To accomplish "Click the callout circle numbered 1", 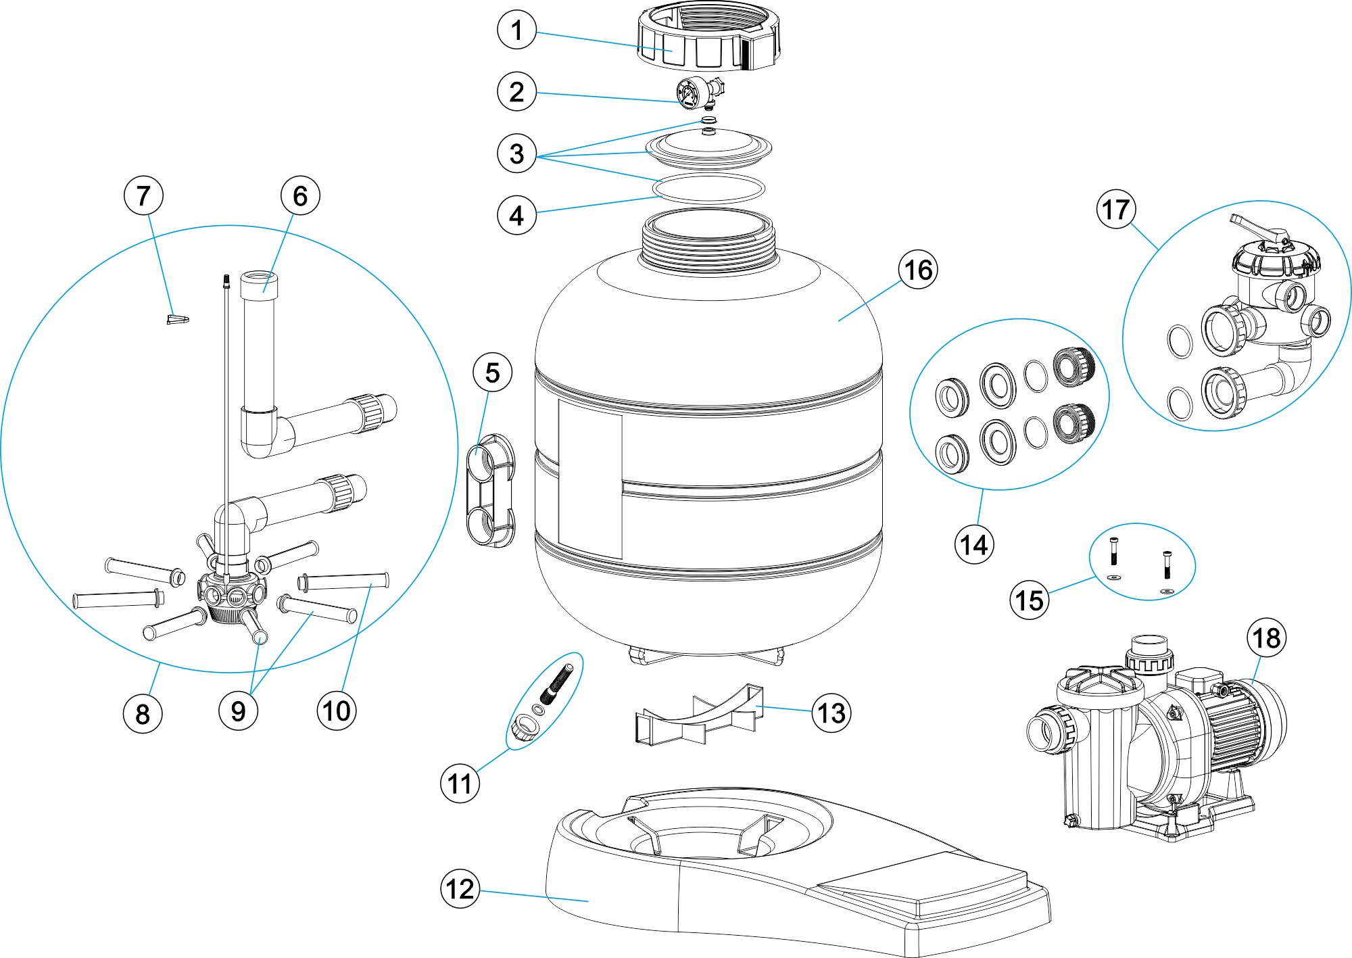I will (516, 30).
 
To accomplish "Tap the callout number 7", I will (143, 195).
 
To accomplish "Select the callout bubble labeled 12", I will (460, 888).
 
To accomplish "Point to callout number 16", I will (918, 270).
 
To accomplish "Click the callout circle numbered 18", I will (1266, 638).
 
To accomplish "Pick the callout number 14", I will (974, 544).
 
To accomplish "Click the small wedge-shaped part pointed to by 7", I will (178, 318).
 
